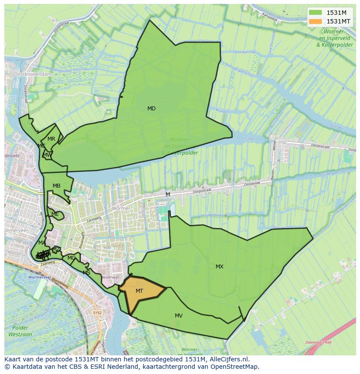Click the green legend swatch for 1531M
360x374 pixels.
pyautogui.click(x=316, y=13)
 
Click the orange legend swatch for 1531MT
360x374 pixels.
pyautogui.click(x=316, y=21)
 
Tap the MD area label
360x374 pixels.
pyautogui.click(x=151, y=109)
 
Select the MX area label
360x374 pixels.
pyautogui.click(x=220, y=267)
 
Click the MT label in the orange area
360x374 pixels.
pyautogui.click(x=139, y=291)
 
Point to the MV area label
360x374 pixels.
pyautogui.click(x=179, y=316)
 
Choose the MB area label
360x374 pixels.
pyautogui.click(x=57, y=186)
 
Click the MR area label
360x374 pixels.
pyautogui.click(x=51, y=139)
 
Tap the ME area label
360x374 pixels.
pyautogui.click(x=55, y=214)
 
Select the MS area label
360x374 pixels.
pyautogui.click(x=87, y=273)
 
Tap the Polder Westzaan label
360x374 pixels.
pyautogui.click(x=20, y=331)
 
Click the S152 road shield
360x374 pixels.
pyautogui.click(x=97, y=312)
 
